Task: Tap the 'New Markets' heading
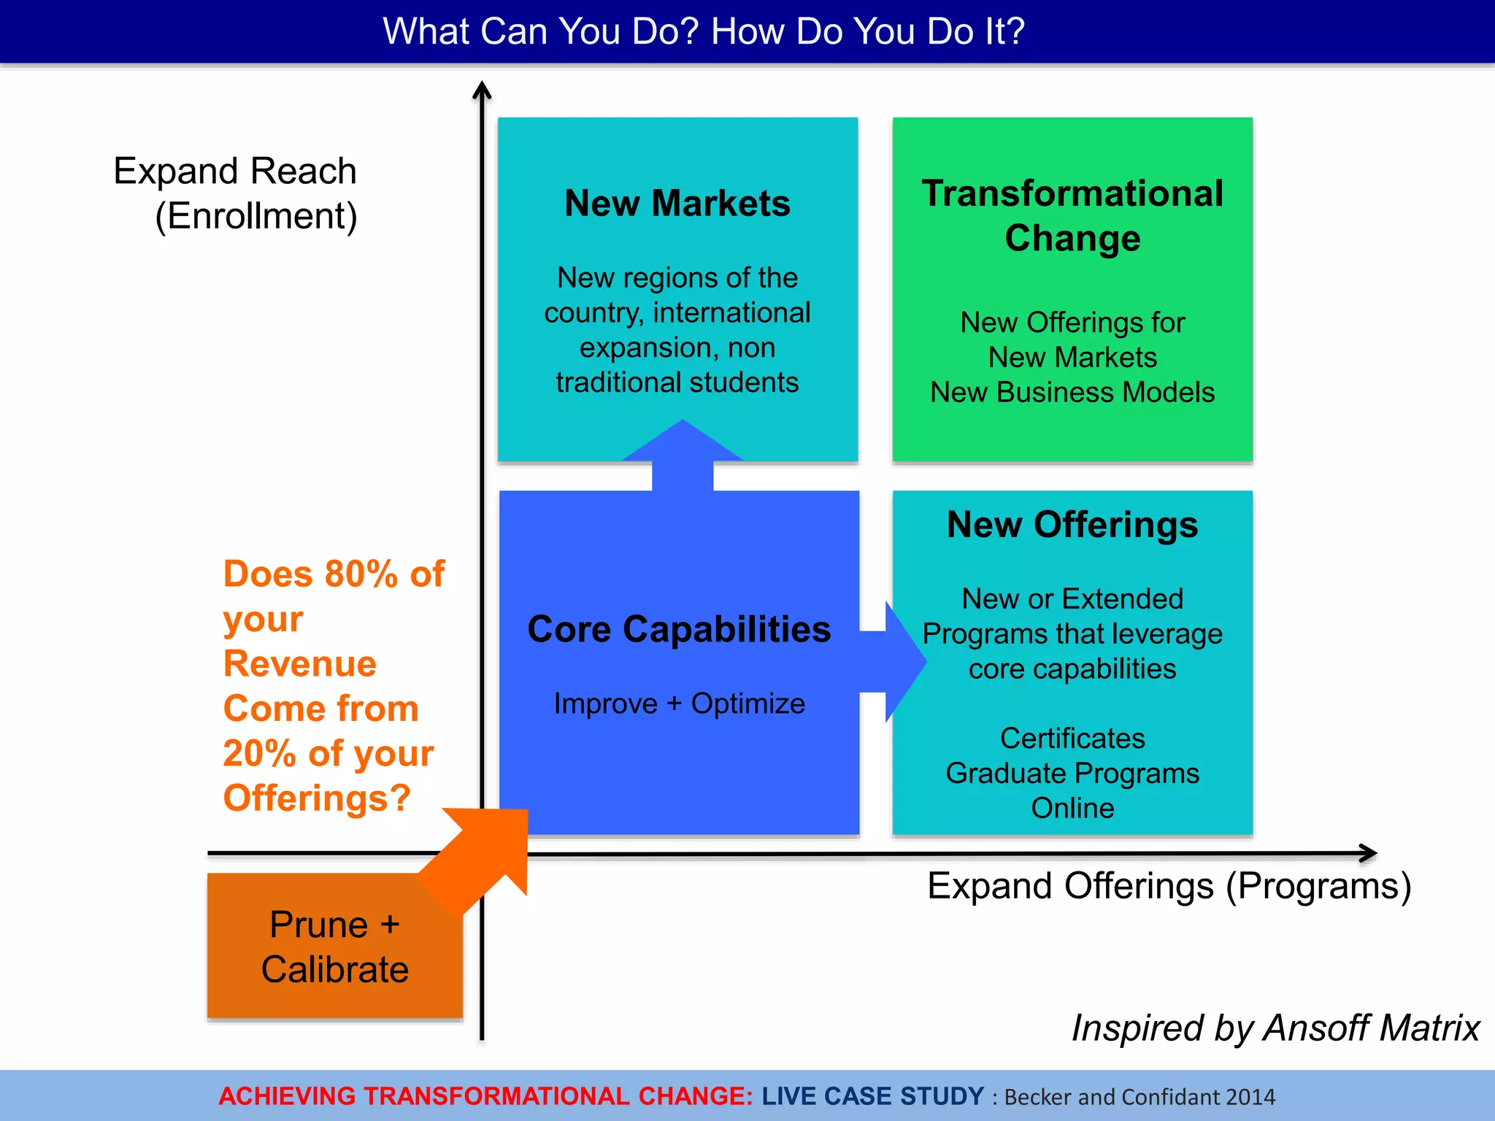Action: pyautogui.click(x=677, y=203)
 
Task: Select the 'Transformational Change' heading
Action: pyautogui.click(x=1072, y=215)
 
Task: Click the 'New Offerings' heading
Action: pyautogui.click(x=1072, y=525)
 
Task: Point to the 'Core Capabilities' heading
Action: pyautogui.click(x=679, y=629)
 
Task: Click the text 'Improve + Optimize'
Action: pyautogui.click(x=679, y=704)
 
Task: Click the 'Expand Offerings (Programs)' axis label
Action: pyautogui.click(x=1169, y=886)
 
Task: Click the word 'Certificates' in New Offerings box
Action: pyautogui.click(x=1072, y=739)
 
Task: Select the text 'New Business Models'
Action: pyautogui.click(x=1072, y=393)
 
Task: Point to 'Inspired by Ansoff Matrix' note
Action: pyautogui.click(x=1275, y=1028)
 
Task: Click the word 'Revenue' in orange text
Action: pyautogui.click(x=299, y=664)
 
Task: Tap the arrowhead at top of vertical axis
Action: pyautogui.click(x=482, y=90)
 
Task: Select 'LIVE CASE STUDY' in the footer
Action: pyautogui.click(x=872, y=1096)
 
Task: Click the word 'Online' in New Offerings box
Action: pyautogui.click(x=1072, y=809)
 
